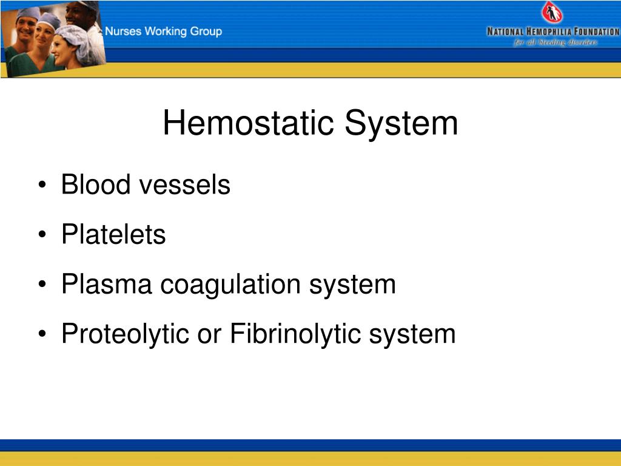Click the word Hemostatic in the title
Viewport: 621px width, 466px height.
[249, 123]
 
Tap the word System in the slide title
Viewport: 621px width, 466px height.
[401, 123]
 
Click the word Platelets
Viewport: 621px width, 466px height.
[113, 234]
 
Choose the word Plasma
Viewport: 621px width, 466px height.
[107, 284]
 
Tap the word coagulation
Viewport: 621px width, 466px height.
[230, 284]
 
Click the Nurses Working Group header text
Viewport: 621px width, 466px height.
[164, 32]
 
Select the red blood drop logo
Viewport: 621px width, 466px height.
[551, 13]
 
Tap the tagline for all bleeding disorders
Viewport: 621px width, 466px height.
[556, 42]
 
